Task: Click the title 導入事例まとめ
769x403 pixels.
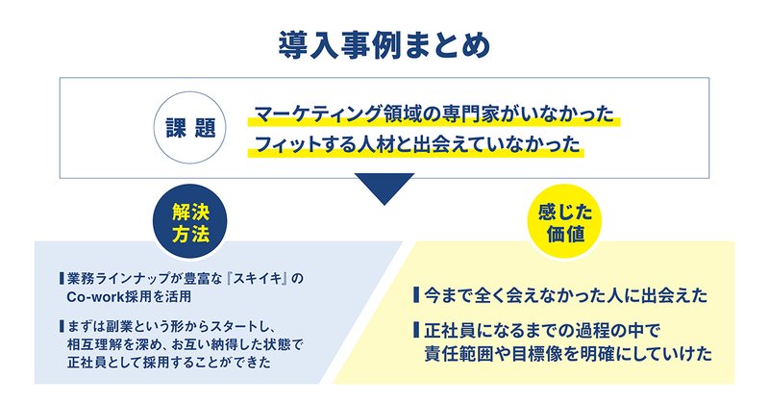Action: [384, 46]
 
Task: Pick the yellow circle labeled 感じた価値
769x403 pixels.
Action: [565, 221]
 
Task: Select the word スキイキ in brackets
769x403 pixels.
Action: [257, 279]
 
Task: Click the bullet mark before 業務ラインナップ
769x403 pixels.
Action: [62, 279]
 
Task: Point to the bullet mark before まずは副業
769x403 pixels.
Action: [62, 326]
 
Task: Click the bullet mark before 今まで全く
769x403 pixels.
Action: [416, 295]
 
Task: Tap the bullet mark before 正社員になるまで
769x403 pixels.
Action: [416, 329]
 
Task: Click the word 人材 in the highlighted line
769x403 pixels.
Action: [375, 144]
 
